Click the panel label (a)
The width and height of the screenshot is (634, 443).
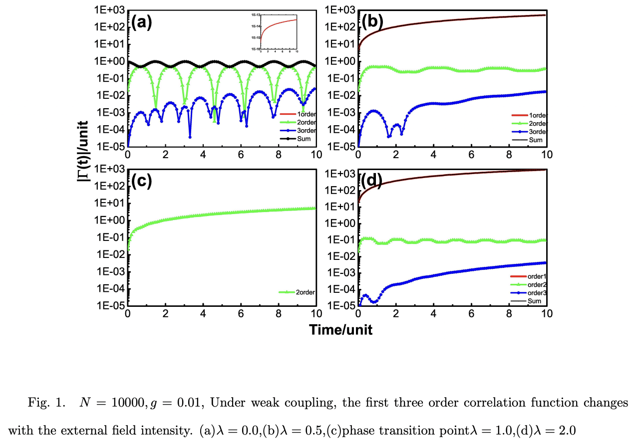[141, 22]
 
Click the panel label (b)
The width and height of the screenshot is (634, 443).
[372, 22]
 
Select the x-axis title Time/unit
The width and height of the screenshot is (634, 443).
[340, 330]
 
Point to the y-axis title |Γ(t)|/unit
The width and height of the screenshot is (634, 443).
[84, 158]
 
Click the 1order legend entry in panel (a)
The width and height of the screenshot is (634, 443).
[297, 115]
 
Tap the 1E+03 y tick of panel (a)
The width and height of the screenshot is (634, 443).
[110, 10]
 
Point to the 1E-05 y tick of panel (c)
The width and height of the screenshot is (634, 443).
[110, 306]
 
